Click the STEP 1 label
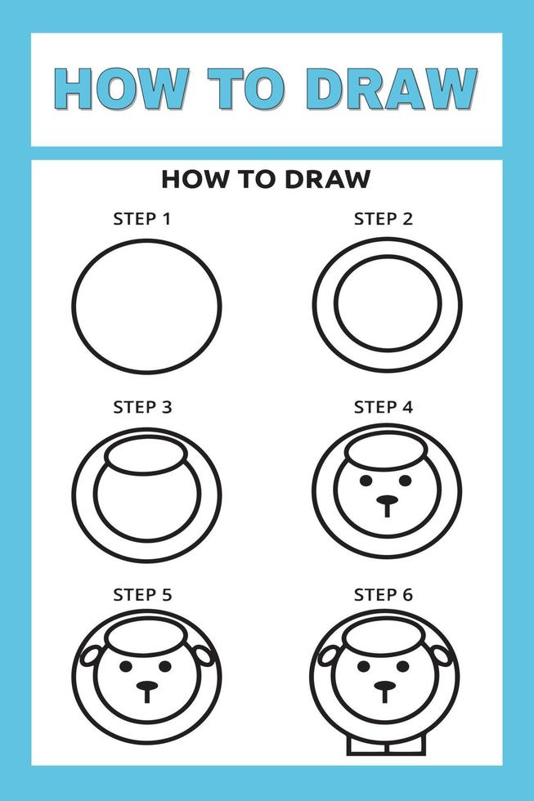(142, 219)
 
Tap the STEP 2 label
(384, 219)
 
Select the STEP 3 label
(142, 406)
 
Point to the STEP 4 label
(384, 406)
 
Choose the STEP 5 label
(142, 594)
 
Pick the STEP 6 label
(384, 594)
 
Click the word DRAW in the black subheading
(327, 179)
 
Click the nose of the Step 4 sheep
(387, 500)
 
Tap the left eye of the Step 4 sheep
(364, 481)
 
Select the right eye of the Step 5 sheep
(166, 666)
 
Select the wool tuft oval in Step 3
(146, 456)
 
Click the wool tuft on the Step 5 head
(146, 638)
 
